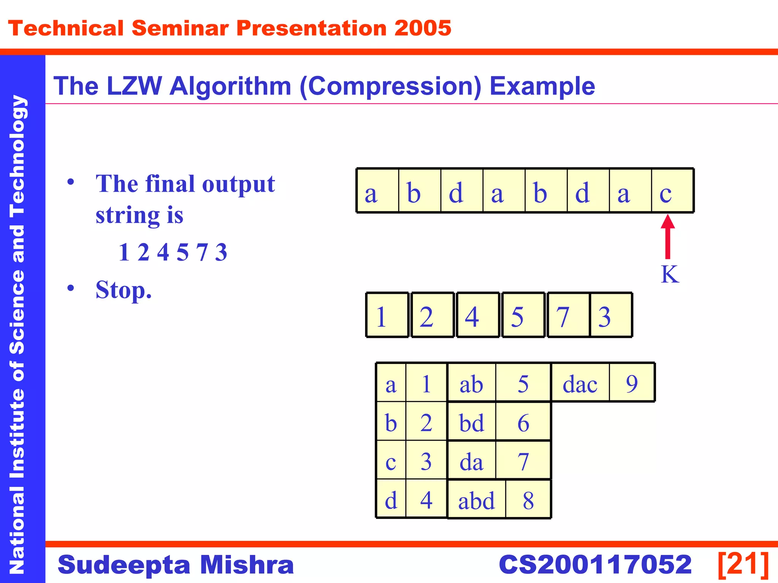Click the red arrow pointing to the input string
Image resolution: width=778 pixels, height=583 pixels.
667,236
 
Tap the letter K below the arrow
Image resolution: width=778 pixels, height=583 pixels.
669,274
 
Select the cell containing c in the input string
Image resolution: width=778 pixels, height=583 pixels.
672,191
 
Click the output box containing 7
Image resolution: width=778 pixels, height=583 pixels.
568,315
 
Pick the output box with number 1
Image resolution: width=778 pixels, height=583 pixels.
387,315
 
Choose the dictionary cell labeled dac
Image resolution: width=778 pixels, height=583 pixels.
580,383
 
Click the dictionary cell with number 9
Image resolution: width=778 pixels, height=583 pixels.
632,383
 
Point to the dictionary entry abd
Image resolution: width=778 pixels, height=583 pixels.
476,499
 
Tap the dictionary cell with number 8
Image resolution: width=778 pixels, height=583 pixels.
528,499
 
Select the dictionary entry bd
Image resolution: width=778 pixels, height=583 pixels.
471,422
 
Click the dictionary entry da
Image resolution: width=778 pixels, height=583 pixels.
471,461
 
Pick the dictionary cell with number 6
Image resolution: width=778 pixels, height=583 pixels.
523,422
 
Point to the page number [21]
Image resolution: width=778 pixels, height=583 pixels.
743,564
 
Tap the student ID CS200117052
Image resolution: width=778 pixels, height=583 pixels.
595,564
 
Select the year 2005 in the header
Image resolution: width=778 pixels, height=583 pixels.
422,28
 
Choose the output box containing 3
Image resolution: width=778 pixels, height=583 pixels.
610,315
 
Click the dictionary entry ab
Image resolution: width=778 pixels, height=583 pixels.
471,383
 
